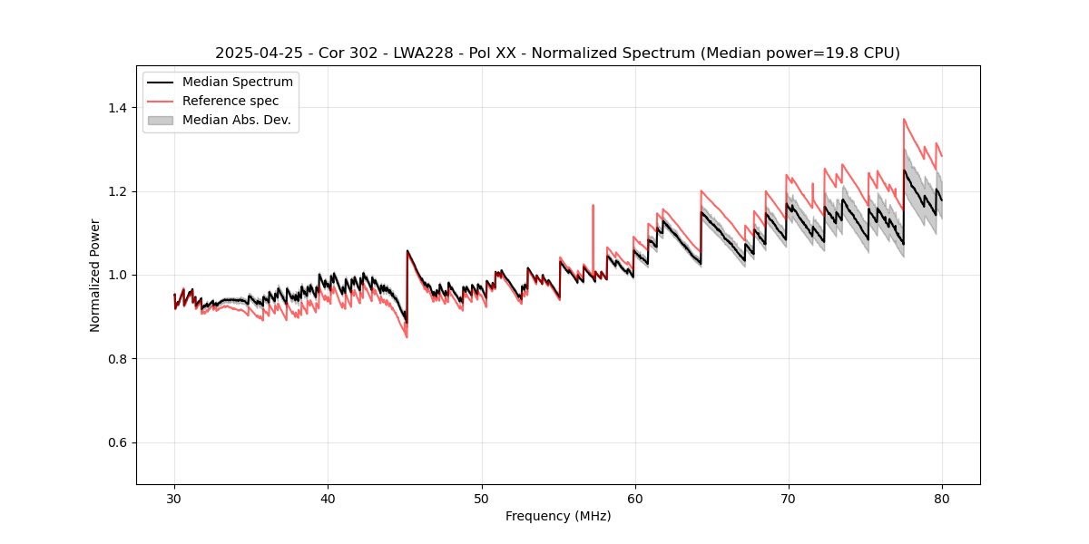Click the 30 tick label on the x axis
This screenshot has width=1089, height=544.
[174, 498]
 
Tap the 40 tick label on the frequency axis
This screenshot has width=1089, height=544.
[328, 498]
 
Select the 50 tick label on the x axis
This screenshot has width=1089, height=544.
[481, 498]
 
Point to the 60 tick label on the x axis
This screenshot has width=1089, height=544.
[634, 498]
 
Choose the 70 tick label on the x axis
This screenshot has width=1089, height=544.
[788, 498]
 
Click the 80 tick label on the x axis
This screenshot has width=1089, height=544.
[941, 498]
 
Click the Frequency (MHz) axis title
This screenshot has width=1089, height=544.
[558, 516]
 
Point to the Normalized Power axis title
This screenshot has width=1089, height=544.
[95, 275]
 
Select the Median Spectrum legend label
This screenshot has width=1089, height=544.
[238, 83]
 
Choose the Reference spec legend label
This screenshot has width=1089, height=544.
[231, 101]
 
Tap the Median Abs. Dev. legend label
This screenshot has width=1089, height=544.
[237, 120]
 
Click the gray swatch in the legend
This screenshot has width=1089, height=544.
[160, 120]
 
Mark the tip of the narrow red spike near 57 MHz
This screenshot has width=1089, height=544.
[593, 205]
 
